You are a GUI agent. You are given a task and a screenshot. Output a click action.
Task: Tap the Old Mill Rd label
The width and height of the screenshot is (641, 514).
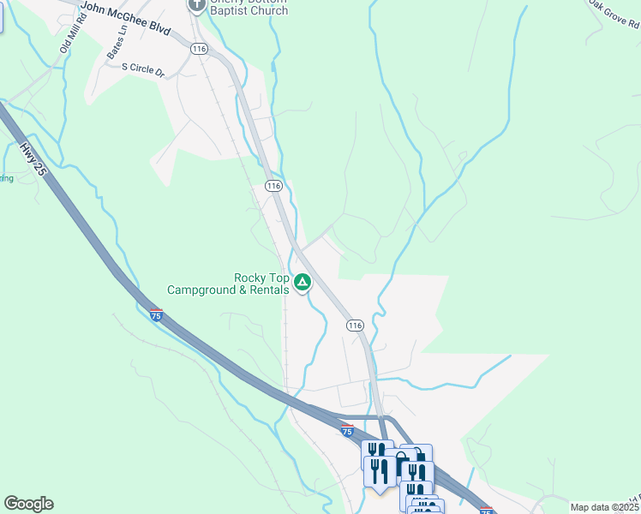click(x=68, y=35)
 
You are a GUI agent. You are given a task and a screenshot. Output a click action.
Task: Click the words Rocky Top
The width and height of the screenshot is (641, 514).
click(x=261, y=278)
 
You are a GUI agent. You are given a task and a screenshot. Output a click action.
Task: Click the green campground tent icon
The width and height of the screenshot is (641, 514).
click(x=303, y=282)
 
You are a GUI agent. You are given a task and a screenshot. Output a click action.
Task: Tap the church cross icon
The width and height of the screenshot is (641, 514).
click(x=196, y=5)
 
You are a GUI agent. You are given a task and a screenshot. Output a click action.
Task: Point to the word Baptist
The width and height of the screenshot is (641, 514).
click(x=232, y=11)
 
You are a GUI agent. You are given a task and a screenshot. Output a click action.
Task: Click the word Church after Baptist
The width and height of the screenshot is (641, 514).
click(x=271, y=11)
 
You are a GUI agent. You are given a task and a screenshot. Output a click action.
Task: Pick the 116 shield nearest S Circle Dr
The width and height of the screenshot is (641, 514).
click(x=200, y=50)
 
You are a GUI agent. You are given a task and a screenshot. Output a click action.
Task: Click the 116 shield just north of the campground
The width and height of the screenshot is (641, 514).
click(x=273, y=186)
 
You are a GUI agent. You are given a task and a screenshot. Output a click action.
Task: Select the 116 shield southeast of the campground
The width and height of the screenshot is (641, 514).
click(x=356, y=326)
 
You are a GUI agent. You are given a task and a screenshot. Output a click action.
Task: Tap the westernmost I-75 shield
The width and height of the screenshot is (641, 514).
click(x=155, y=315)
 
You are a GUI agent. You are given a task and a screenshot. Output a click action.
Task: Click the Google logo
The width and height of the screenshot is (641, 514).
click(x=28, y=504)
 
